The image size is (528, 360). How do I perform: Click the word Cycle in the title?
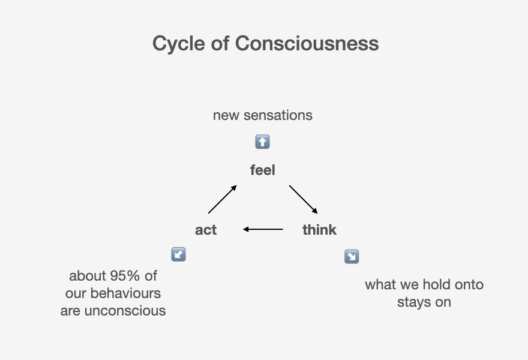pyautogui.click(x=179, y=44)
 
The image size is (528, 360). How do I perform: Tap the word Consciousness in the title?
pyautogui.click(x=307, y=43)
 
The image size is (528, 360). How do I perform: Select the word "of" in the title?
pyautogui.click(x=220, y=43)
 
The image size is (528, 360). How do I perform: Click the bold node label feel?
pyautogui.click(x=263, y=170)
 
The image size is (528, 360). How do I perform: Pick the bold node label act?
pyautogui.click(x=206, y=230)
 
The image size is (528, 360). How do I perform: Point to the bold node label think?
pyautogui.click(x=319, y=230)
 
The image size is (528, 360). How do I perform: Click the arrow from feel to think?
pyautogui.click(x=303, y=199)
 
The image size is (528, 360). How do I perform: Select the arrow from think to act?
pyautogui.click(x=263, y=229)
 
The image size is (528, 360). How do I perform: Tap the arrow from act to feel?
pyautogui.click(x=222, y=199)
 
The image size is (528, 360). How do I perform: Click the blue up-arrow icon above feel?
pyautogui.click(x=263, y=142)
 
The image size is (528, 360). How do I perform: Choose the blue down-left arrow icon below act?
pyautogui.click(x=178, y=254)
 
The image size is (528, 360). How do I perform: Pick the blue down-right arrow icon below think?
pyautogui.click(x=352, y=257)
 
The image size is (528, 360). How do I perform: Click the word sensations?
pyautogui.click(x=278, y=116)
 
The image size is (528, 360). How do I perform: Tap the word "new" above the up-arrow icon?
pyautogui.click(x=226, y=116)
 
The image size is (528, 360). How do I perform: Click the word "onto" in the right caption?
pyautogui.click(x=469, y=285)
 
